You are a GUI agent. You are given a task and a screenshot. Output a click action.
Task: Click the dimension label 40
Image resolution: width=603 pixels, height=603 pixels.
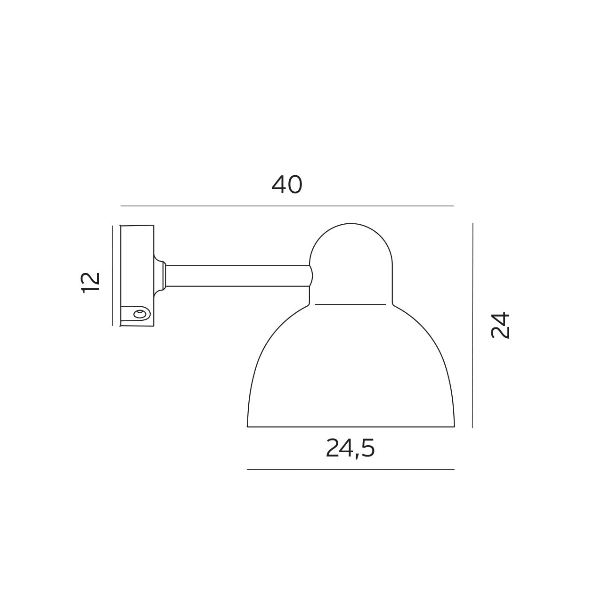286,185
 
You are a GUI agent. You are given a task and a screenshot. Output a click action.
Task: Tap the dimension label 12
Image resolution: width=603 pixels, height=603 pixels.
91,282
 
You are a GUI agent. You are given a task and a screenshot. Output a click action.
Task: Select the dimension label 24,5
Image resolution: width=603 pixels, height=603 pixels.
350,449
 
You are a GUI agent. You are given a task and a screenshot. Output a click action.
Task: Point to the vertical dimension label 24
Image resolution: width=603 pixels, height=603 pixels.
500,325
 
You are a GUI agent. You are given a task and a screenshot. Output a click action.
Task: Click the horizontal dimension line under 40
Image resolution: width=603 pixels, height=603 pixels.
286,206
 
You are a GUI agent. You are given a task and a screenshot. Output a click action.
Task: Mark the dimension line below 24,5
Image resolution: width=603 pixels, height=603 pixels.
350,469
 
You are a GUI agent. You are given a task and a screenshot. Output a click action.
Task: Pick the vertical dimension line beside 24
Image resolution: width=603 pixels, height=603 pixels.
473,325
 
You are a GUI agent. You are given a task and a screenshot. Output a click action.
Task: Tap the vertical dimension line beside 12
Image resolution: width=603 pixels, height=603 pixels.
113,276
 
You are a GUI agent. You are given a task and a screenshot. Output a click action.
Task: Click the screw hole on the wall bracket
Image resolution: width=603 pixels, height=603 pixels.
139,314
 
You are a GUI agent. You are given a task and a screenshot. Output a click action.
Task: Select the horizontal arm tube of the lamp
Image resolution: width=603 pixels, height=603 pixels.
236,276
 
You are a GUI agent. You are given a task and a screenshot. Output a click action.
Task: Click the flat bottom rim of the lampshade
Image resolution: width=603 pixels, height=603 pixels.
351,427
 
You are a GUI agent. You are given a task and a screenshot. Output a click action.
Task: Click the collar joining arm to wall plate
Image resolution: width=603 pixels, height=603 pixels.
160,276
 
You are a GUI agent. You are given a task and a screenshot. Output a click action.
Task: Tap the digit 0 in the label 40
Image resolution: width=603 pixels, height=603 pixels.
294,185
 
